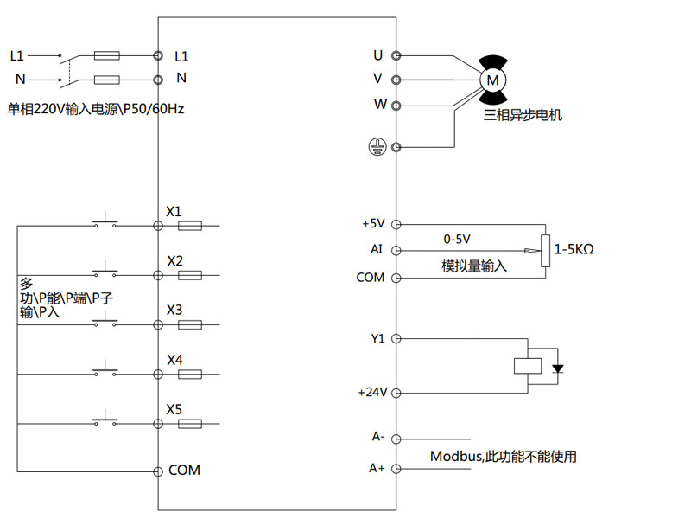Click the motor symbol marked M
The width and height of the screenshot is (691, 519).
coord(493,79)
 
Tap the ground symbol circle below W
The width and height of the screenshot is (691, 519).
coord(376,147)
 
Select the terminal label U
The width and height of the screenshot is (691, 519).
coord(377,55)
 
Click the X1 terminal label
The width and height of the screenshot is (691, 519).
coord(174,211)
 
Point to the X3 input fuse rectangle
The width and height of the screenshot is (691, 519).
coord(189,325)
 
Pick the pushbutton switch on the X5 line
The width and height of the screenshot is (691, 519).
coord(105,420)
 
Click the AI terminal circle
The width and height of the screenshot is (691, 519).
coord(396,251)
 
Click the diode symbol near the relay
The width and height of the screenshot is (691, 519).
coord(557,368)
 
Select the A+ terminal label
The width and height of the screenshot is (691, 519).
coord(377,468)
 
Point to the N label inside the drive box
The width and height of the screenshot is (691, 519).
coord(181,78)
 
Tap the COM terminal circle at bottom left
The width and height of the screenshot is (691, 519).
coord(158,471)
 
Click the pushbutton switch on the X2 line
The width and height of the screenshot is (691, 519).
coord(105,270)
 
